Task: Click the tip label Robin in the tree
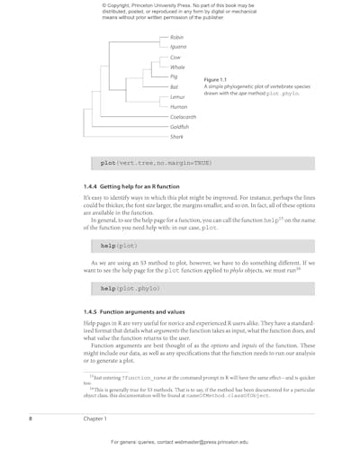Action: pos(176,37)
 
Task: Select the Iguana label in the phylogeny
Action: pos(178,47)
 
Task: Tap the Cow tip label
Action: pos(175,57)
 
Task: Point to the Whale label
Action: pos(177,67)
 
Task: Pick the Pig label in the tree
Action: pos(174,76)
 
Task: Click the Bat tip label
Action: pos(174,86)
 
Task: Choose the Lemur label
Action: pos(177,96)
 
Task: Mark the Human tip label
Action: pos(178,107)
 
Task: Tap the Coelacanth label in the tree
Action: pos(183,117)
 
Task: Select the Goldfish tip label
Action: pos(179,127)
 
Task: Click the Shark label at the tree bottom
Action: pos(176,137)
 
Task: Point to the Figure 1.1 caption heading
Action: pos(216,79)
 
